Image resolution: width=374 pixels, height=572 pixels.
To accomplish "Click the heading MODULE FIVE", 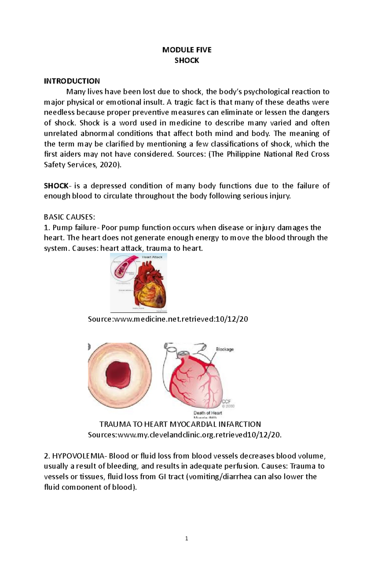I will click(x=187, y=50).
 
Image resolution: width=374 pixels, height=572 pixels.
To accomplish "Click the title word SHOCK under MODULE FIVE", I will click(x=187, y=60).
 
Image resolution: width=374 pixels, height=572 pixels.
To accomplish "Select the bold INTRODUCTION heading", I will click(x=72, y=81).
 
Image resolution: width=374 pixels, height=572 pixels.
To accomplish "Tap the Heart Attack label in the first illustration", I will click(x=152, y=257).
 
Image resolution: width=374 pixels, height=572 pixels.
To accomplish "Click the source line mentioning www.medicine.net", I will click(x=168, y=319).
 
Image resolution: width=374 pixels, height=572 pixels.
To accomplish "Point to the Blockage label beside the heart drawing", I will click(x=225, y=349).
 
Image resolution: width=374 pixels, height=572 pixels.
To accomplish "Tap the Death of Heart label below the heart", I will click(x=208, y=413).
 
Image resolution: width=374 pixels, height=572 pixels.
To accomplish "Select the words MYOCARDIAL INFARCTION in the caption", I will click(x=215, y=424).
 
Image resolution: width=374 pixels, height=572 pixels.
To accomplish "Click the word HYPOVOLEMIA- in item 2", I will click(x=79, y=456).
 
